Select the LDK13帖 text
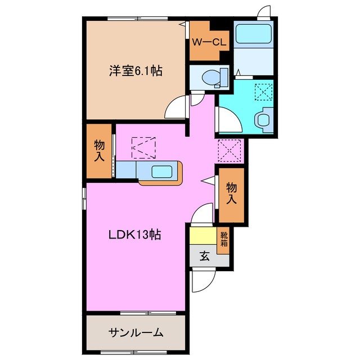135,235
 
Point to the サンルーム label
136,332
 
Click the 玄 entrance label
205,257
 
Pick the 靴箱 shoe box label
224,240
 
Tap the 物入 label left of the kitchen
99,150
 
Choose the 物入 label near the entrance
231,192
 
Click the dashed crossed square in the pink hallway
229,151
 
